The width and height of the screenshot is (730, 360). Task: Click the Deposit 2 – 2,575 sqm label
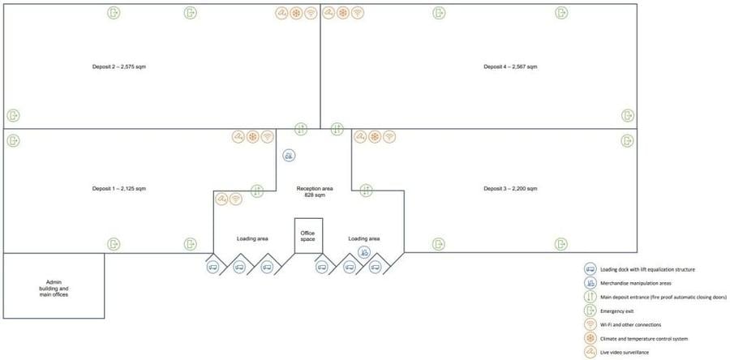coord(120,66)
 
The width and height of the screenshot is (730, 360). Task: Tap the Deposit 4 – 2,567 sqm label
coord(510,66)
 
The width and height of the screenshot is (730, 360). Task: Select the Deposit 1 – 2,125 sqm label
coord(119,189)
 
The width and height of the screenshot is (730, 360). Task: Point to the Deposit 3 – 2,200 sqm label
coord(510,189)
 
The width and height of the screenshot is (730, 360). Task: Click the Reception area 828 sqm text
coord(315,191)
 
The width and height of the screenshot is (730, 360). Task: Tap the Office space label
coord(307,235)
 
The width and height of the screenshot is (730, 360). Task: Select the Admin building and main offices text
coord(54,289)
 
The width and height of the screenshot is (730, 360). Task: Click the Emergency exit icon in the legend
coord(590,311)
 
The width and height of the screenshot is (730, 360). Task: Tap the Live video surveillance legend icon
coord(590,352)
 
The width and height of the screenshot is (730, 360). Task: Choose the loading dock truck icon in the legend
coord(590,269)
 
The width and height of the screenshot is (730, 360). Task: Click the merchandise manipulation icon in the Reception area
coord(289,156)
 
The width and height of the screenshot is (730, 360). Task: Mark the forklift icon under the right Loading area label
coord(364,251)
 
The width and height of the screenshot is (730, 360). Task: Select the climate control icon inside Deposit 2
coord(296,13)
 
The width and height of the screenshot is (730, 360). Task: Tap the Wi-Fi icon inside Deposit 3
coord(389,137)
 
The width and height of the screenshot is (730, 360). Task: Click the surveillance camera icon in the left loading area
coord(221,199)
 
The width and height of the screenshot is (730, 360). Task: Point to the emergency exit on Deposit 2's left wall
coord(13,115)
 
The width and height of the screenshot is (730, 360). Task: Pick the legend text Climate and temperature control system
coord(644,338)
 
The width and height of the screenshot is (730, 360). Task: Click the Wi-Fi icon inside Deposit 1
coord(267,137)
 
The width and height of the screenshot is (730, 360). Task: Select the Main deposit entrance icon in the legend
coord(590,296)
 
